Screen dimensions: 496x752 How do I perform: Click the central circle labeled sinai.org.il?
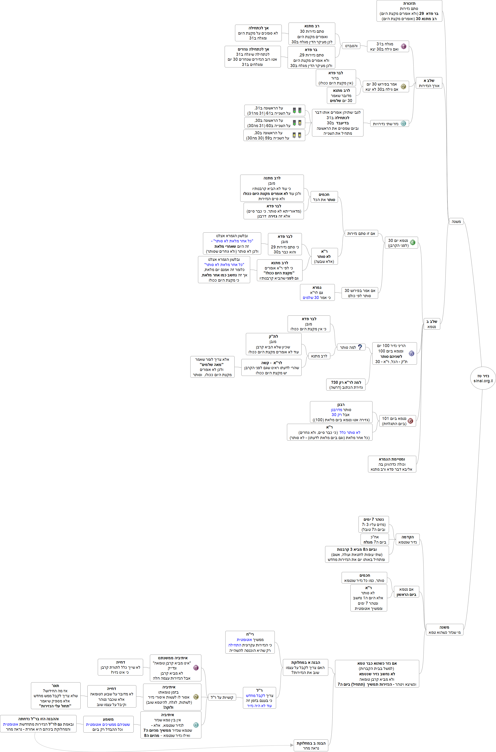coord(483,378)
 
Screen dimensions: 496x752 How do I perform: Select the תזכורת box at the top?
coord(409,11)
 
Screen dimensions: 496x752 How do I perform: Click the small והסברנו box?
coord(351,46)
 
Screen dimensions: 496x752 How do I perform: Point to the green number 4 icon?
coord(412,243)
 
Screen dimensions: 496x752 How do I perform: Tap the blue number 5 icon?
coord(411,353)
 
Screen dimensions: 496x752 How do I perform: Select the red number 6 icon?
coord(410,421)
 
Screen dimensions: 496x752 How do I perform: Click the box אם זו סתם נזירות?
coord(361,234)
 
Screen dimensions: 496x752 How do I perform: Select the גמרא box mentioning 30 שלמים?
coord(317,292)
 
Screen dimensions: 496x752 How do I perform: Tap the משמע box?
coord(108,724)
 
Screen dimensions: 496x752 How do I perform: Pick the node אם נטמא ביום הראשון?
coord(406,592)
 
